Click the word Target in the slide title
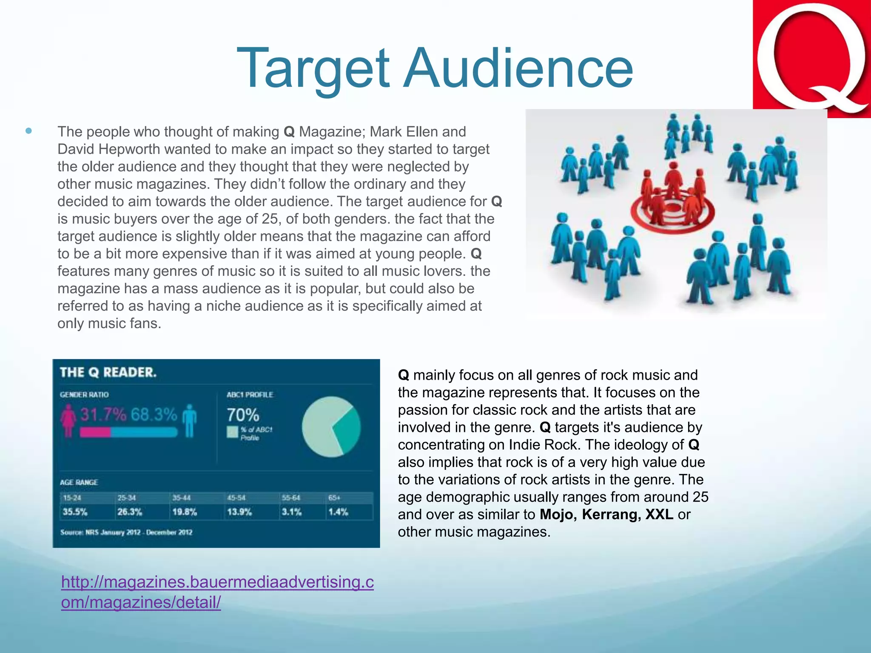click(313, 69)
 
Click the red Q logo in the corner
click(811, 59)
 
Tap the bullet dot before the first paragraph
click(28, 131)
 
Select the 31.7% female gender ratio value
click(103, 414)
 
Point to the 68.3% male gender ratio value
click(154, 414)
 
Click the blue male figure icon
click(189, 421)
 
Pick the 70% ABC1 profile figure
click(242, 415)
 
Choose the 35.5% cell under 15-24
click(75, 512)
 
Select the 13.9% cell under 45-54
click(239, 512)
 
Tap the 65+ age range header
click(334, 497)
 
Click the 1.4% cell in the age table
click(338, 512)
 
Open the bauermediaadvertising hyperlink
click(217, 591)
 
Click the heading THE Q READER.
click(108, 372)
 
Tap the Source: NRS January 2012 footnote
click(126, 532)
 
